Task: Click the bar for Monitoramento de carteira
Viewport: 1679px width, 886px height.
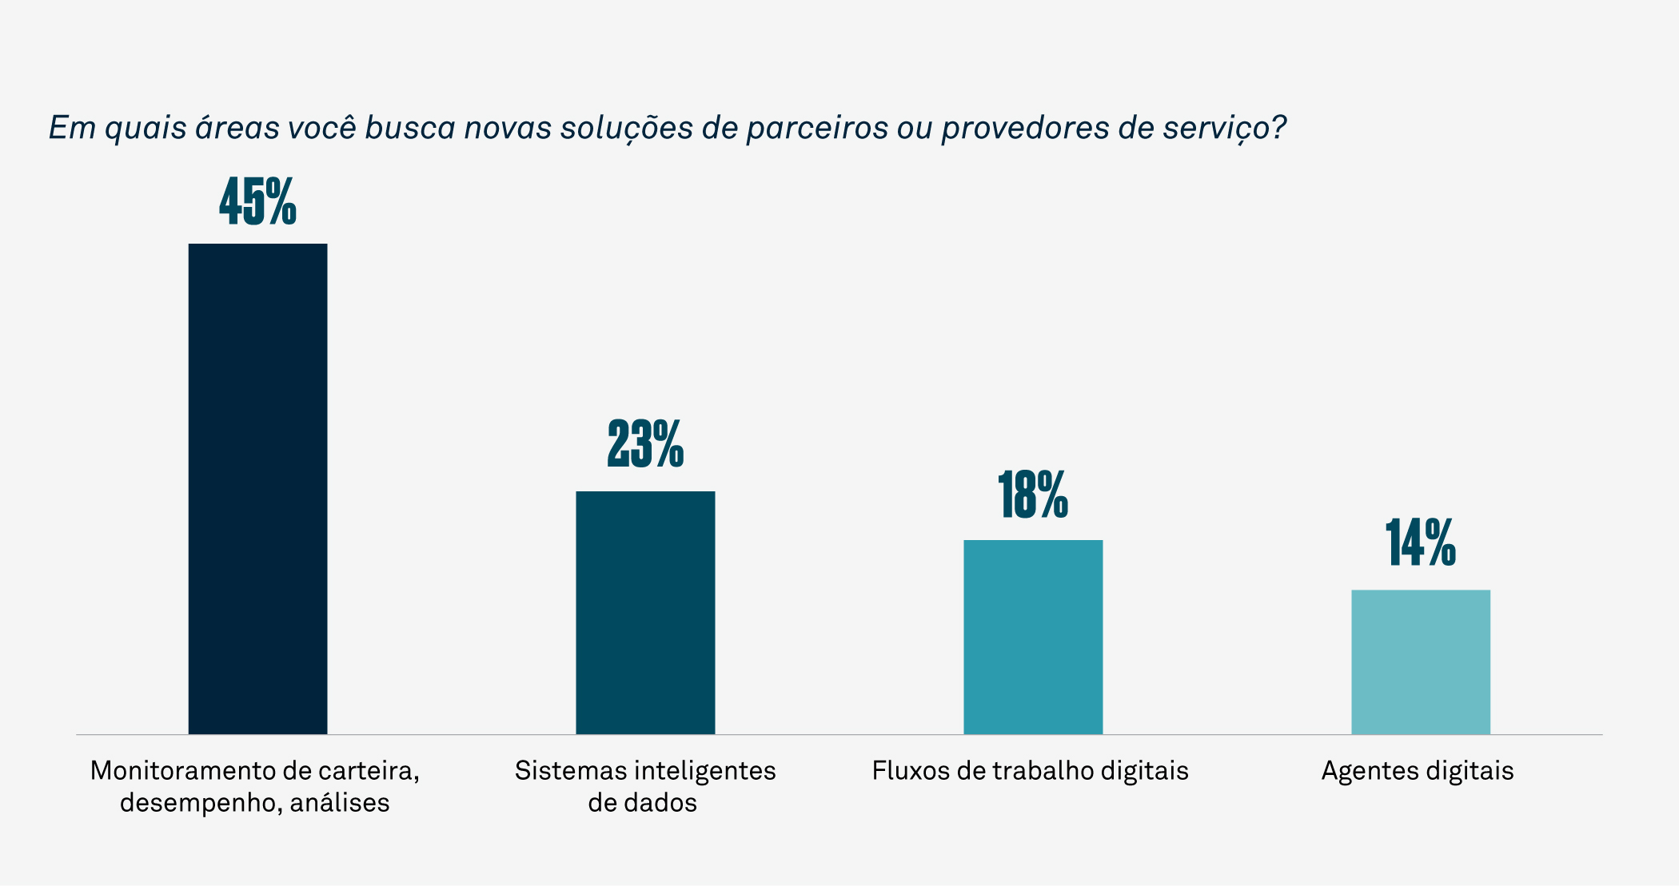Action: point(257,488)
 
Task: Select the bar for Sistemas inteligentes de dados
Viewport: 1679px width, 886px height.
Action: point(645,612)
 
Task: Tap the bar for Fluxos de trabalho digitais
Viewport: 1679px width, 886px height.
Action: point(1033,637)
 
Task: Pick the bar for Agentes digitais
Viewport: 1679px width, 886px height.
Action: point(1421,662)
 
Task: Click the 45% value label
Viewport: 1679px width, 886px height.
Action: point(257,201)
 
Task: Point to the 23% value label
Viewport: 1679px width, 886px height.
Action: point(645,443)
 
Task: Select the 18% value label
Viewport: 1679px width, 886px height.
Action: point(1033,495)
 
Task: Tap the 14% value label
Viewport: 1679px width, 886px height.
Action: point(1421,543)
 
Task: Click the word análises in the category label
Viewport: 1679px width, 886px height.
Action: point(340,803)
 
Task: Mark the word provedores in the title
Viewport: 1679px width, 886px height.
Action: point(1025,129)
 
